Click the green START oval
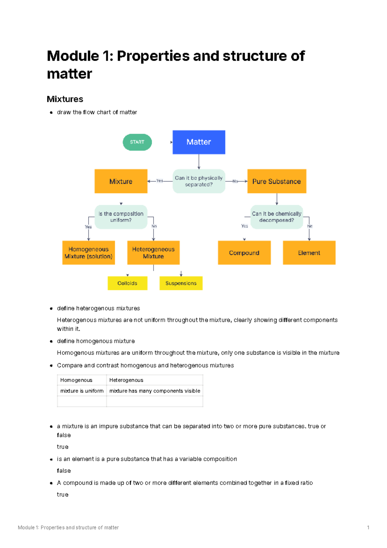tap(137, 142)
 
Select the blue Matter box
tap(199, 142)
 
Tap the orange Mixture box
tap(121, 181)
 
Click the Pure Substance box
tap(276, 181)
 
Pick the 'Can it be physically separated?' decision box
tap(199, 181)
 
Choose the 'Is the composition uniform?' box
tap(121, 217)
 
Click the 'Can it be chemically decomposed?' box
tap(276, 217)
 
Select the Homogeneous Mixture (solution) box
tap(88, 253)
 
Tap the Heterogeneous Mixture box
tap(153, 253)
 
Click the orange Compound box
tap(244, 253)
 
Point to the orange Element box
tap(309, 253)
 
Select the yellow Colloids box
tap(127, 283)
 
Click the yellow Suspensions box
tap(181, 283)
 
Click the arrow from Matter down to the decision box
tap(199, 161)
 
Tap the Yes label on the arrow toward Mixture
tap(160, 181)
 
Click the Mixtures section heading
tap(65, 99)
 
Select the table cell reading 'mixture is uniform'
tap(82, 391)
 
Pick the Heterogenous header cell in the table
tap(126, 380)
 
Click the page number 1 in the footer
tap(368, 527)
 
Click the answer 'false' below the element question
tap(64, 470)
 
